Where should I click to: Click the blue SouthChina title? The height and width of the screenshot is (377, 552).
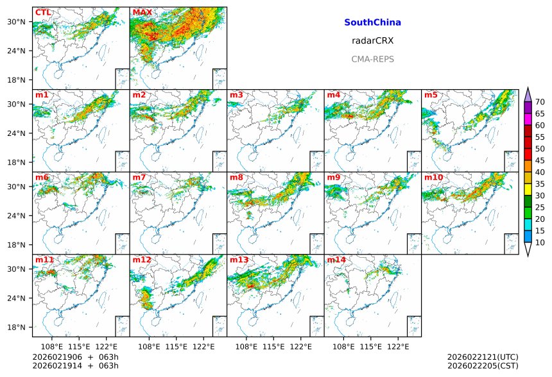[x=372, y=22]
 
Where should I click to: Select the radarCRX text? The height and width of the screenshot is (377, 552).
[x=372, y=40]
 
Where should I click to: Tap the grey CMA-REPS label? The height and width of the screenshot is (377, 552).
[x=372, y=59]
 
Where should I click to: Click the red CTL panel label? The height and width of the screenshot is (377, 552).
[x=43, y=13]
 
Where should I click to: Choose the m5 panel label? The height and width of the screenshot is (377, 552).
[x=430, y=96]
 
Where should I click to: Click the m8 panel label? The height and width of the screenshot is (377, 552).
[x=236, y=178]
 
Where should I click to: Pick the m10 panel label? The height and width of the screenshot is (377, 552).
[x=433, y=178]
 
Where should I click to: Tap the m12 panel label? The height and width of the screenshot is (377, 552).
[x=142, y=260]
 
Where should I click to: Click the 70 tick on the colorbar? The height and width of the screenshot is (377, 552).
[x=540, y=102]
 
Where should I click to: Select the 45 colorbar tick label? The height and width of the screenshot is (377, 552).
[x=540, y=160]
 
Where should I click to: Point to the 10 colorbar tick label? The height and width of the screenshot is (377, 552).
[x=540, y=242]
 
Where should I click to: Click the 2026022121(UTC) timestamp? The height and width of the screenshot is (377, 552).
[x=482, y=356]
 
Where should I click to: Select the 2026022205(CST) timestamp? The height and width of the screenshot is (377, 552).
[x=482, y=365]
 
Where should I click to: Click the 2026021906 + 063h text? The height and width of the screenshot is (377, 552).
[x=75, y=356]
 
